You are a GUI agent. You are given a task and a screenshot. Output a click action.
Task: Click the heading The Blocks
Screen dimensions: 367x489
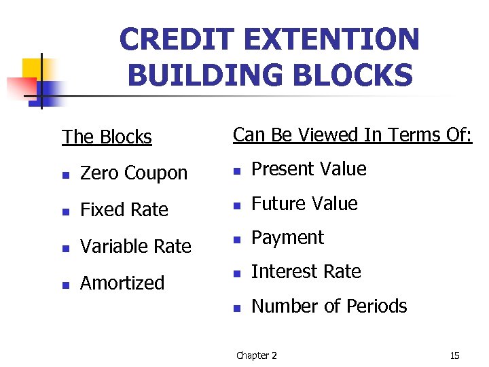pos(107,137)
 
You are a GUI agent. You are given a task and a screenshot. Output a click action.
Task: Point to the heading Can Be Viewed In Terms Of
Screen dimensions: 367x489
pos(352,135)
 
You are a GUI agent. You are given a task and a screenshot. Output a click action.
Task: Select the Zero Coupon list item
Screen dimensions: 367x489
pos(133,173)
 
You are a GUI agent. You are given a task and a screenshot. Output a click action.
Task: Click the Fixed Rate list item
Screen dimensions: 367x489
pos(124,210)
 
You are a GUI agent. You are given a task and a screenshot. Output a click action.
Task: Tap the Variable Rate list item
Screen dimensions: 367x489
pos(135,246)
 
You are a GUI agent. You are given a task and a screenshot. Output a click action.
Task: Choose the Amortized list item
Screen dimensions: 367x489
pos(122,283)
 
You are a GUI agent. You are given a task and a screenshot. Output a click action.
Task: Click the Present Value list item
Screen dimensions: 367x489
pos(308,169)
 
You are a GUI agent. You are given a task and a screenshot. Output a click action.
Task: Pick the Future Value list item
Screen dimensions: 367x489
pos(304,203)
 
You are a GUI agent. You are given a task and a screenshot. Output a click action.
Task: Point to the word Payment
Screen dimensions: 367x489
pos(287,238)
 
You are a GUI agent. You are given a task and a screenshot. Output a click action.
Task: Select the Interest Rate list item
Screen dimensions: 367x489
pos(306,272)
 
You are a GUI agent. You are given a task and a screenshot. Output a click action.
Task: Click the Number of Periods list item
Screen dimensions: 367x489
pos(329,307)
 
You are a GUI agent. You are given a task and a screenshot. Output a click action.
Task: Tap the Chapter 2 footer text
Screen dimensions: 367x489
pos(256,355)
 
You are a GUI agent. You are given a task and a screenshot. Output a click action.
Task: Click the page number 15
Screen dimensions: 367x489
pos(454,355)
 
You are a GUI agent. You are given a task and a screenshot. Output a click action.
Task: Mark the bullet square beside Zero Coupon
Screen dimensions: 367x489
pos(65,175)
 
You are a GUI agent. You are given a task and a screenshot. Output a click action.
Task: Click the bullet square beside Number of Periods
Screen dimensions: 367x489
pos(236,308)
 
